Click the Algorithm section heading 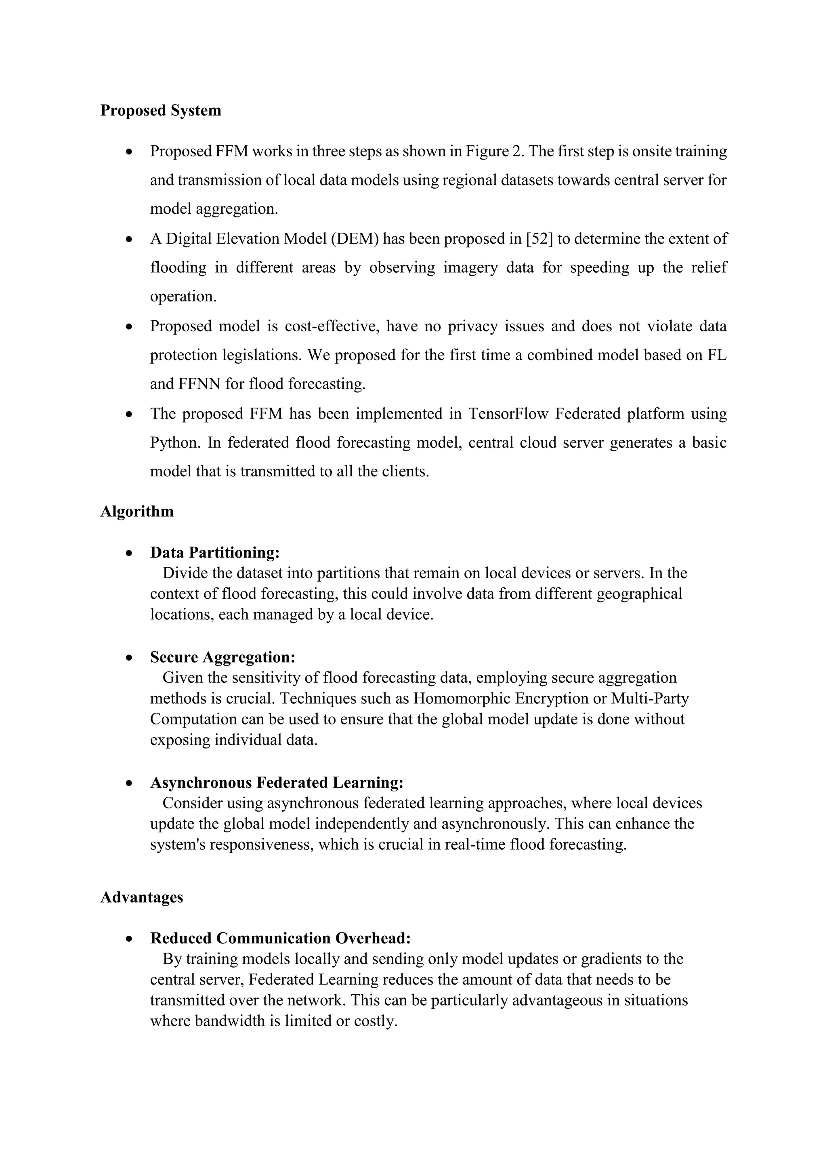point(136,511)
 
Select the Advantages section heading point(142,897)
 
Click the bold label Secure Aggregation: point(222,657)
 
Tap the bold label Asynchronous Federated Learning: point(277,783)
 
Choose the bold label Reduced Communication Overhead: point(280,939)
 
